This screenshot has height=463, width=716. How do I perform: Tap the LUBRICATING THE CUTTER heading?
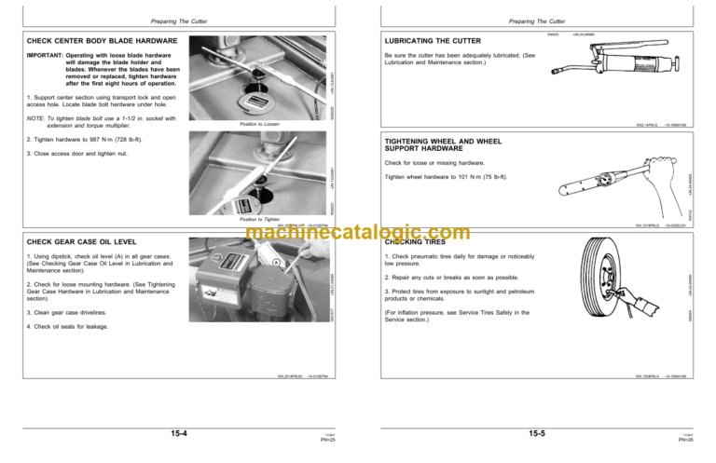coord(433,41)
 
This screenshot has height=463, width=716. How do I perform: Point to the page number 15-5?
coord(538,433)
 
